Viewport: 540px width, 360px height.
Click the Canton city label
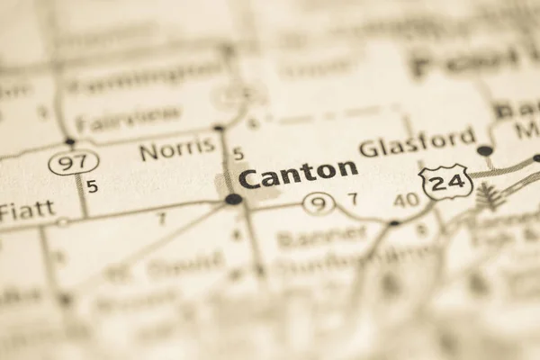[x=298, y=174]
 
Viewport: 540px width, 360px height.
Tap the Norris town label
[x=177, y=148]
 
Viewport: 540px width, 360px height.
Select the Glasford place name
[x=417, y=143]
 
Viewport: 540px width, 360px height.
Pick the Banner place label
[x=322, y=237]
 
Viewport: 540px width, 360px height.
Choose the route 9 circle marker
[x=319, y=204]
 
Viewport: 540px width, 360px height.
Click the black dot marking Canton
[x=234, y=199]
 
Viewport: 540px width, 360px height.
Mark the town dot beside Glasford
[x=485, y=150]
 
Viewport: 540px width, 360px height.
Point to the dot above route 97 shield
[x=70, y=141]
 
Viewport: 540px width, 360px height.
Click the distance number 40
[x=406, y=199]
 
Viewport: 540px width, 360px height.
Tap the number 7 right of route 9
[x=352, y=199]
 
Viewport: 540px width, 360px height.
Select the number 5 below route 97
[x=92, y=187]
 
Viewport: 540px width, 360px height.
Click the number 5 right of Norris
[x=238, y=154]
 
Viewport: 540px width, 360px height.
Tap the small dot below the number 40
[x=393, y=222]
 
